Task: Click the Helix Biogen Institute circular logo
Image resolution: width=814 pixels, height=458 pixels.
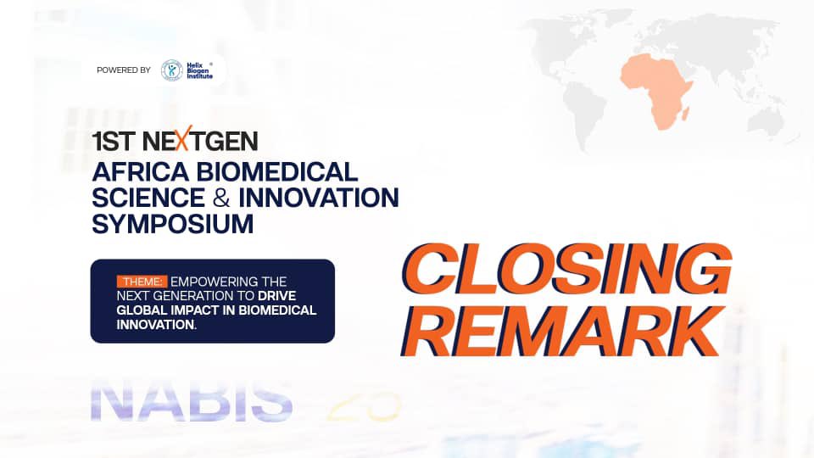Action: pyautogui.click(x=172, y=70)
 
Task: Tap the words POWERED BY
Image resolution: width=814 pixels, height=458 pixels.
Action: pyautogui.click(x=124, y=70)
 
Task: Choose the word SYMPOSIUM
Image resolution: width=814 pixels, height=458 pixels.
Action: pyautogui.click(x=173, y=225)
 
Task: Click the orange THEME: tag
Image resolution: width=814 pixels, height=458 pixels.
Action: pyautogui.click(x=142, y=282)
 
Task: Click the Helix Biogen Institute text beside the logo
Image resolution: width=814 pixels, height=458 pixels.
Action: pyautogui.click(x=201, y=70)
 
